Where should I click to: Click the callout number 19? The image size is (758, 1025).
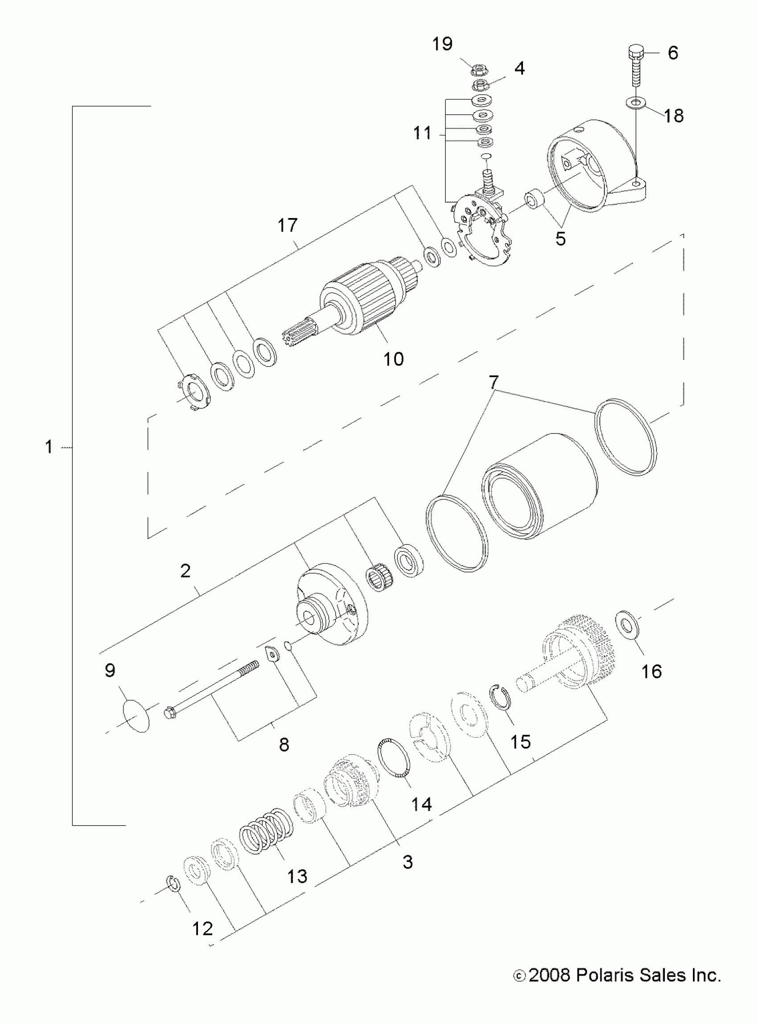(x=442, y=44)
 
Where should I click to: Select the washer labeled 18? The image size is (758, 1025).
(x=636, y=102)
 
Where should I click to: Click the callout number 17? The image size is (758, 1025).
(x=287, y=225)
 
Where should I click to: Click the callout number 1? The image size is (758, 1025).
(x=49, y=446)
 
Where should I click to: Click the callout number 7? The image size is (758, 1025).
(x=493, y=381)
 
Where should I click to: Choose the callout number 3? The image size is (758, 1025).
(x=408, y=862)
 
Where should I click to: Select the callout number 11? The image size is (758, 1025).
(x=422, y=133)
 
